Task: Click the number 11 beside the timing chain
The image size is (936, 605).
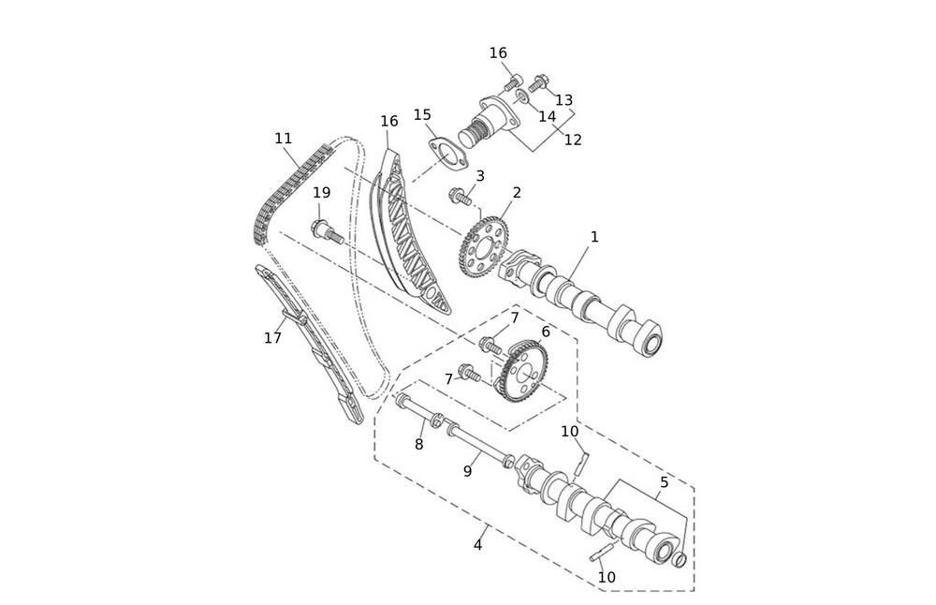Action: [284, 139]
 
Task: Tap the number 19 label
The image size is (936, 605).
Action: [322, 192]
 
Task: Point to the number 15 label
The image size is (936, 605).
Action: [422, 114]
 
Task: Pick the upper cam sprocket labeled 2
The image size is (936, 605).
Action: [484, 246]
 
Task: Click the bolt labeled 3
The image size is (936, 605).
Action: [461, 197]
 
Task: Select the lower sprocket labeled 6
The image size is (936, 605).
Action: [523, 370]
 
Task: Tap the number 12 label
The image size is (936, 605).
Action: [573, 140]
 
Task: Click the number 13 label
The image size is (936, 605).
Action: [563, 99]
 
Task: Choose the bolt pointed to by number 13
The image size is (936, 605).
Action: [538, 82]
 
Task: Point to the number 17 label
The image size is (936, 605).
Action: [272, 338]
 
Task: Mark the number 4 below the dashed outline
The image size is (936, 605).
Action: [477, 545]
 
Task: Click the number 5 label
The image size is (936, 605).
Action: [664, 482]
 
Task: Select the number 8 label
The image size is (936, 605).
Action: [419, 444]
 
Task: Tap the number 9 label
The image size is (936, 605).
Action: [467, 471]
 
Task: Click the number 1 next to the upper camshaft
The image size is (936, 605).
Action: [594, 237]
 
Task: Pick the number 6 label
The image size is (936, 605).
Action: [546, 331]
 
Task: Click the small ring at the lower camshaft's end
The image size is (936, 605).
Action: [680, 560]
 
